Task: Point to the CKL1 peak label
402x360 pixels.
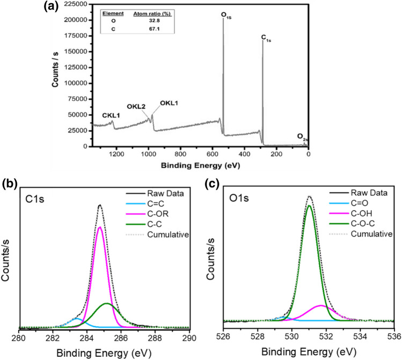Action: pyautogui.click(x=112, y=115)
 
